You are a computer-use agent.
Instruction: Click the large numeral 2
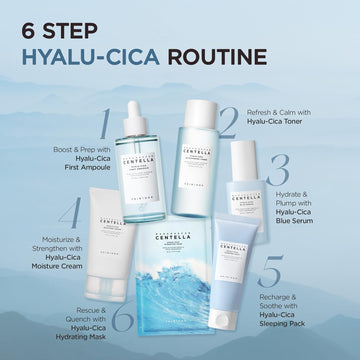229,121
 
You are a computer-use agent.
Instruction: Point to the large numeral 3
279,171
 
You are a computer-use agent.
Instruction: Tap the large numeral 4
68,215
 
